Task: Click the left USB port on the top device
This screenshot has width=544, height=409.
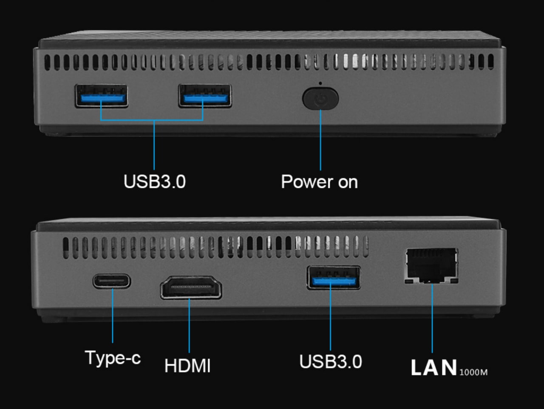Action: click(102, 96)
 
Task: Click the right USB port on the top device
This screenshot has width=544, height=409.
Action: click(205, 96)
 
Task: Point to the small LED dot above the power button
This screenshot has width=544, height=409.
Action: click(320, 83)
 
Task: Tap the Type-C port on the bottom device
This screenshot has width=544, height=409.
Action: click(112, 281)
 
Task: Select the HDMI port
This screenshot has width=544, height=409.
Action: click(191, 287)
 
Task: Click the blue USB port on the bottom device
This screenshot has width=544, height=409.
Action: click(334, 278)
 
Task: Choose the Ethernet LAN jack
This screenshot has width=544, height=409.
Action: click(431, 266)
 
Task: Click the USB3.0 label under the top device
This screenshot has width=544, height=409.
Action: click(155, 182)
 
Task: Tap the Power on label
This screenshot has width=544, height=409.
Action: click(320, 182)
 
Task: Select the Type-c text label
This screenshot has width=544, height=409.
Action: click(113, 358)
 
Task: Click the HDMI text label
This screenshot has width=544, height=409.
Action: click(187, 366)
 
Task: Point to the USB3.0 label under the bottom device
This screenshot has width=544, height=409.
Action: click(331, 362)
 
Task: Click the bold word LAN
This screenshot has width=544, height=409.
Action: click(434, 368)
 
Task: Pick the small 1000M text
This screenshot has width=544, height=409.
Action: click(473, 372)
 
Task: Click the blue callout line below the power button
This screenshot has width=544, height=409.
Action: click(320, 140)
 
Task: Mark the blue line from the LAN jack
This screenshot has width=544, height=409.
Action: click(432, 318)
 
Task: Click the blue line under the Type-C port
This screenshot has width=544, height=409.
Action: click(113, 316)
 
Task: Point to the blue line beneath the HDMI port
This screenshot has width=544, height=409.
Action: click(189, 326)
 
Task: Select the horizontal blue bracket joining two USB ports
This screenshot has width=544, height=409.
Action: click(152, 120)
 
